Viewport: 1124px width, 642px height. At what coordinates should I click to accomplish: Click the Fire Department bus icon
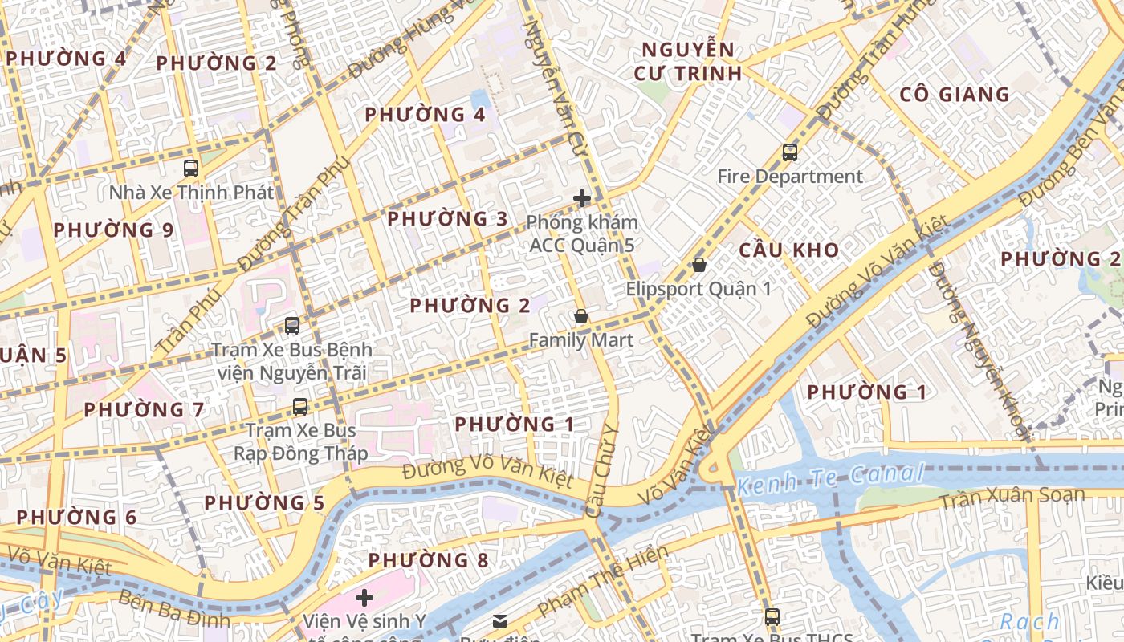(x=790, y=152)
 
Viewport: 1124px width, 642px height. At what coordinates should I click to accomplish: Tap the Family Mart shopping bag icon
(x=581, y=317)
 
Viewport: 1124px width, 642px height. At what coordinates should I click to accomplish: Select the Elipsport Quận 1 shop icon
(x=699, y=265)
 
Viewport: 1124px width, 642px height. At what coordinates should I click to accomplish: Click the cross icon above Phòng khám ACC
(x=582, y=198)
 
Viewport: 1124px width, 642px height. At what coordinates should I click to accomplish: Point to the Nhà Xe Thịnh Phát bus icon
(x=191, y=169)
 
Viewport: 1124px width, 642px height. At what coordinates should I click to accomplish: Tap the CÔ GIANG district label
(x=954, y=95)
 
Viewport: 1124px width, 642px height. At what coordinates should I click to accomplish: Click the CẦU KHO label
(x=789, y=250)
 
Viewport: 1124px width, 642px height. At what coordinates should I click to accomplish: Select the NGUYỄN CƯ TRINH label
(x=687, y=62)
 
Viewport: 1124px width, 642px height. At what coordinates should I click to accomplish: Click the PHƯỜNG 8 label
(x=428, y=560)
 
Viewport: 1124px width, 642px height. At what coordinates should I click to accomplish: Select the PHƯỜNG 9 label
(x=113, y=230)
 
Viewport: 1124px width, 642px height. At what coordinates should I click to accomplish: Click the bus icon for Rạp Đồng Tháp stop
(x=300, y=407)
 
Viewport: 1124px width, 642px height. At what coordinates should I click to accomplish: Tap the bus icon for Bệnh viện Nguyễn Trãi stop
(x=292, y=326)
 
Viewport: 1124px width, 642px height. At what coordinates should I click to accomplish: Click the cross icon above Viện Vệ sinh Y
(x=364, y=597)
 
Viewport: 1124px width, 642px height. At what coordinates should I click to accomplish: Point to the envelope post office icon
(x=500, y=620)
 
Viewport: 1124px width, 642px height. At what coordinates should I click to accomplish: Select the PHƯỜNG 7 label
(x=144, y=410)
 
